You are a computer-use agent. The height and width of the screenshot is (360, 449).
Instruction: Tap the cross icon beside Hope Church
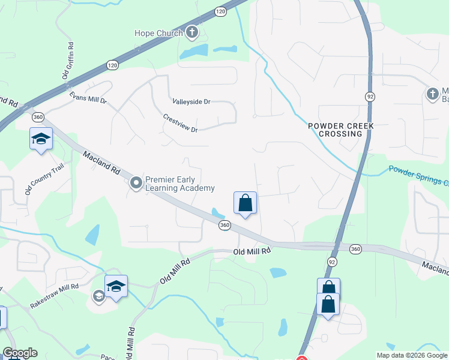[x=192, y=32]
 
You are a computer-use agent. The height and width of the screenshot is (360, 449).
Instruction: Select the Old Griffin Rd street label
[x=68, y=61]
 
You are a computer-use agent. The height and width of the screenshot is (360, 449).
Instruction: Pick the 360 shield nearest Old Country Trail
[x=38, y=116]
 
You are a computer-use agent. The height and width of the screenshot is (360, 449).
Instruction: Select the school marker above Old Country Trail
[x=41, y=139]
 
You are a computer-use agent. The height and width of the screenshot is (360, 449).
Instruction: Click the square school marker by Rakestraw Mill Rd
[x=116, y=286]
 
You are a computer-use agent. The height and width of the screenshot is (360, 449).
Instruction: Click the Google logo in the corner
[x=20, y=353]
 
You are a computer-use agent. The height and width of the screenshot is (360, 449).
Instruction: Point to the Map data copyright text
[x=412, y=355]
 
